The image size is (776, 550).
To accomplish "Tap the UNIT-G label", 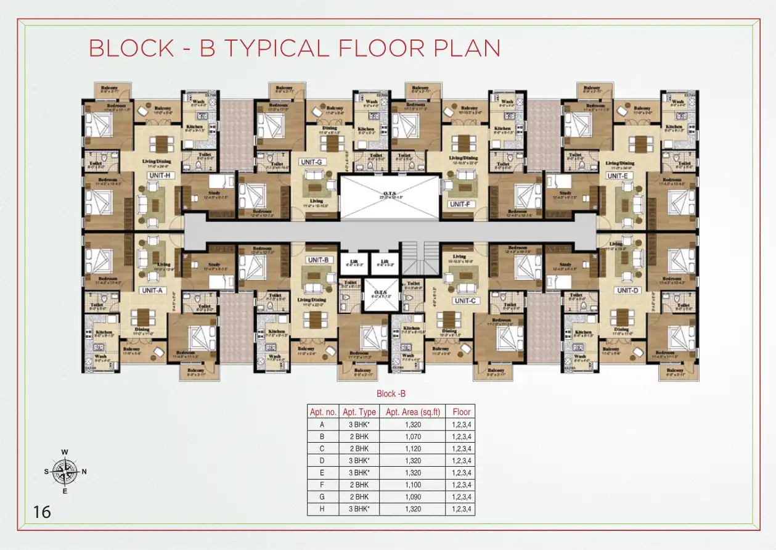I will pyautogui.click(x=311, y=162).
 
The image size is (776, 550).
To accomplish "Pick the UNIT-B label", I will pyautogui.click(x=319, y=260).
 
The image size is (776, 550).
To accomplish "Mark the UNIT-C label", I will pyautogui.click(x=466, y=300).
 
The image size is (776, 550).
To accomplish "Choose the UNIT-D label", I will pyautogui.click(x=627, y=290).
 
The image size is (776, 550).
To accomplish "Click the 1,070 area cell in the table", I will pyautogui.click(x=413, y=437).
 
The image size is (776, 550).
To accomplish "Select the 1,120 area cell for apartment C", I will pyautogui.click(x=413, y=448).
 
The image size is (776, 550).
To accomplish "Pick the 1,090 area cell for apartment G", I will pyautogui.click(x=413, y=497).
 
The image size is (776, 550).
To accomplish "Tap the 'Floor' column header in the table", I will pyautogui.click(x=461, y=412).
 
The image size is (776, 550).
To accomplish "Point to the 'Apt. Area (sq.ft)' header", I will pyautogui.click(x=413, y=412).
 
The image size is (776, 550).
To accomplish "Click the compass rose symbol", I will pyautogui.click(x=65, y=472).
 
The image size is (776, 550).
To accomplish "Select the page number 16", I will pyautogui.click(x=43, y=512).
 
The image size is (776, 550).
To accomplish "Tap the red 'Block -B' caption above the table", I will pyautogui.click(x=391, y=393).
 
